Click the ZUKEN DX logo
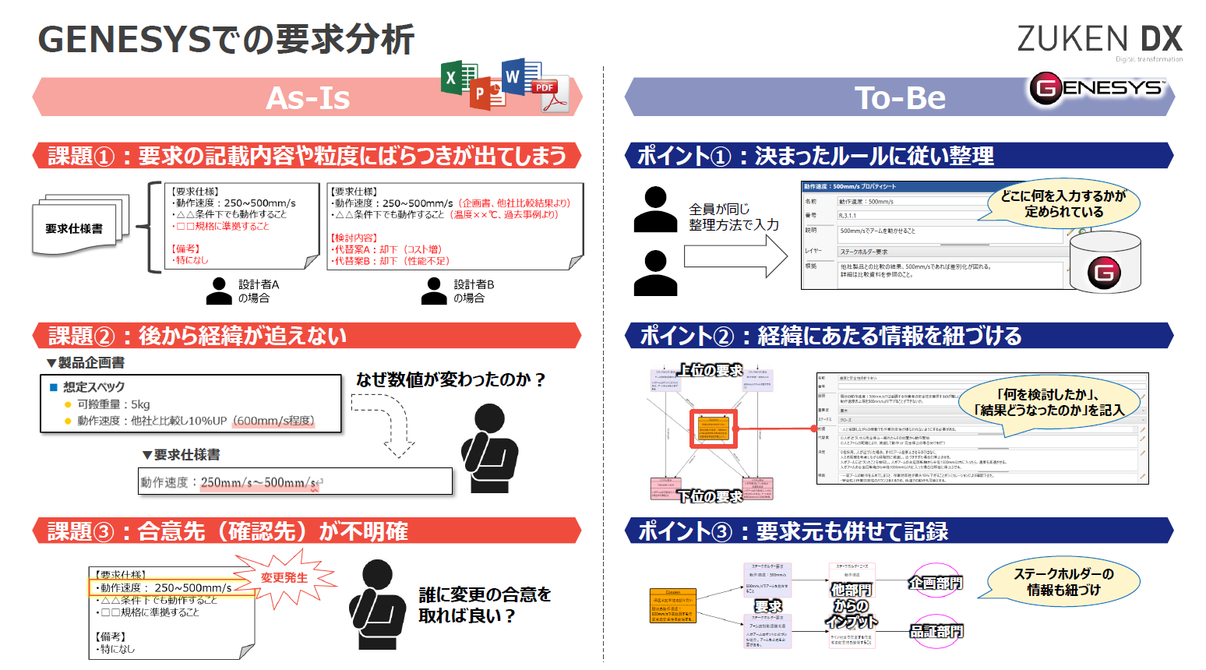point(1099,40)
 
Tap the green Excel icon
point(459,78)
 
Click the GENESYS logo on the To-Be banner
point(1098,89)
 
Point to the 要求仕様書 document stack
point(77,226)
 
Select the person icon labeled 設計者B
point(434,291)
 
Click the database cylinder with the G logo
point(1104,263)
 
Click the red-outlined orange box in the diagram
point(714,428)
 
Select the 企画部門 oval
point(935,582)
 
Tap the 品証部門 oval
point(936,630)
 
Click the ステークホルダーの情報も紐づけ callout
point(1063,582)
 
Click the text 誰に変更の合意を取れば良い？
point(484,605)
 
